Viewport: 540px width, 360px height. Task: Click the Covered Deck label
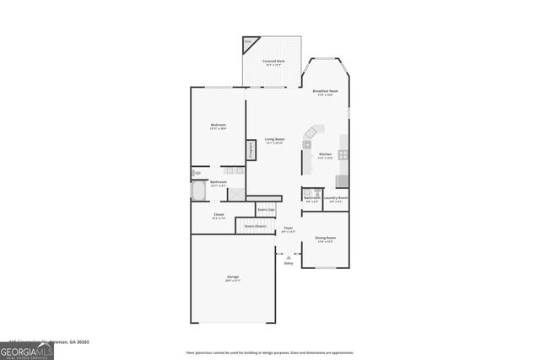pos(272,62)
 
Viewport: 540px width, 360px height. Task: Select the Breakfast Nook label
pos(325,91)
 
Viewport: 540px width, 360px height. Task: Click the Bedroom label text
pos(218,126)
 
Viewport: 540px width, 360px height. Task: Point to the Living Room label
pos(274,139)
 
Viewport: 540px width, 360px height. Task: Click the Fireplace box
pos(251,150)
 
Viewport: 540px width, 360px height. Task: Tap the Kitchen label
pos(325,154)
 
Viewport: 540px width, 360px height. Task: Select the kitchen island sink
pos(308,143)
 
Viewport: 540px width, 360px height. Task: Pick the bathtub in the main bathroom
pos(199,191)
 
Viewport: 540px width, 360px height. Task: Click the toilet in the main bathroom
pos(196,172)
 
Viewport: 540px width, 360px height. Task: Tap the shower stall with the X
pos(239,193)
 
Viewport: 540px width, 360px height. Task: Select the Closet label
pos(218,215)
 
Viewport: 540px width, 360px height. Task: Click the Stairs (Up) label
pos(266,209)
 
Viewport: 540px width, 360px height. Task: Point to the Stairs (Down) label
pos(255,226)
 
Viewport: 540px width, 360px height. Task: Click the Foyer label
pos(288,228)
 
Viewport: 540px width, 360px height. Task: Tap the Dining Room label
pos(325,239)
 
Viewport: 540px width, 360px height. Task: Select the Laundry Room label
pos(337,198)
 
